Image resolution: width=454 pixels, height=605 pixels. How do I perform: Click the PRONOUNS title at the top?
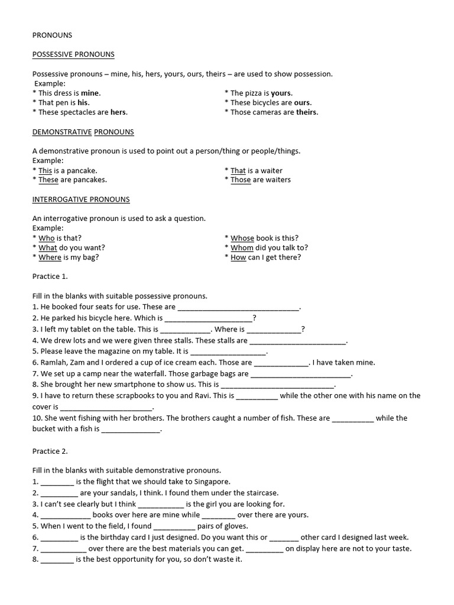pyautogui.click(x=52, y=35)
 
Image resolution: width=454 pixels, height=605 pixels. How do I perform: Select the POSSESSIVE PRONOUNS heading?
pyautogui.click(x=73, y=55)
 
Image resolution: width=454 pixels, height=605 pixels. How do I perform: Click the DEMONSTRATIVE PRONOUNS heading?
pyautogui.click(x=83, y=132)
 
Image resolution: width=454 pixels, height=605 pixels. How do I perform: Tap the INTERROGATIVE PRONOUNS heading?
pyautogui.click(x=81, y=200)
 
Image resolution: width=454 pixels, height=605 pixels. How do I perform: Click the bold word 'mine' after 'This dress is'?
pyautogui.click(x=90, y=93)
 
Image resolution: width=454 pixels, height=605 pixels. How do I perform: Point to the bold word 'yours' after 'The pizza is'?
pyautogui.click(x=281, y=93)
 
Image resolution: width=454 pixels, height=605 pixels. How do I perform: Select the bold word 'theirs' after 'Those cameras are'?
pyautogui.click(x=306, y=112)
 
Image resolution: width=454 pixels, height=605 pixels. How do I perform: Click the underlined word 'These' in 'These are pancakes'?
pyautogui.click(x=48, y=180)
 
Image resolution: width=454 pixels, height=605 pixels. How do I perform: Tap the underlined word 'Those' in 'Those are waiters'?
pyautogui.click(x=241, y=180)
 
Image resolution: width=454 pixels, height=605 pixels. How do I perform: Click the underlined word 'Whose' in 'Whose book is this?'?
pyautogui.click(x=242, y=238)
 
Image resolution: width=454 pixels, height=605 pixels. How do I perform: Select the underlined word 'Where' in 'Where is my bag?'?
pyautogui.click(x=50, y=258)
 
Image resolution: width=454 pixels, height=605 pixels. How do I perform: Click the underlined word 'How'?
pyautogui.click(x=238, y=258)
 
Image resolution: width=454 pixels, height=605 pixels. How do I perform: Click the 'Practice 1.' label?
pyautogui.click(x=50, y=277)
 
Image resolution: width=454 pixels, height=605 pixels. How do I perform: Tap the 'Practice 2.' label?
pyautogui.click(x=50, y=451)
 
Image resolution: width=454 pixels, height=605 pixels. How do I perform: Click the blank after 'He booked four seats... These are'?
pyautogui.click(x=238, y=308)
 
